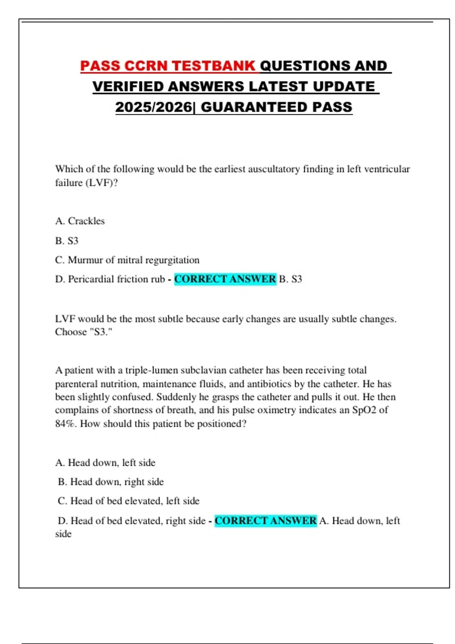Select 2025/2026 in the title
tap(154, 107)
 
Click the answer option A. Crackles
tap(80, 221)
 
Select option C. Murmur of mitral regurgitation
tap(127, 260)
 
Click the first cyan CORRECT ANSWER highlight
tap(225, 279)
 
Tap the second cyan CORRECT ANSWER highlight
tap(265, 521)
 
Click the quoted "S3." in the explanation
tap(100, 332)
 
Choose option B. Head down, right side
tap(111, 482)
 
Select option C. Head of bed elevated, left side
tap(129, 501)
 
